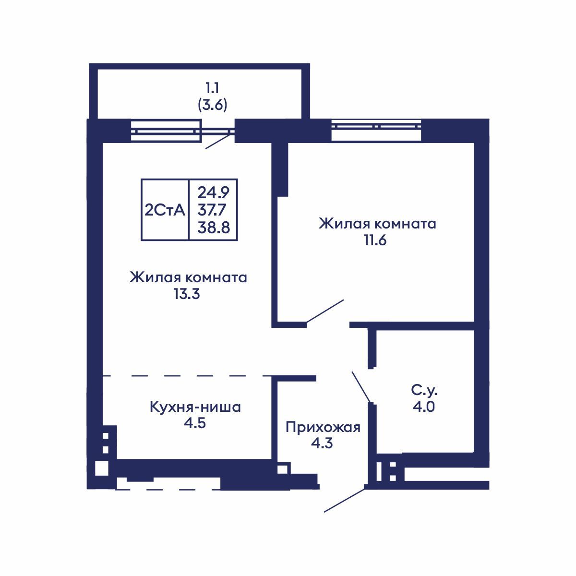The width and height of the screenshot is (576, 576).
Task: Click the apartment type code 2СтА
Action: click(165, 210)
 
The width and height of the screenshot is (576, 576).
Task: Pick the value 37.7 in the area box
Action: click(214, 210)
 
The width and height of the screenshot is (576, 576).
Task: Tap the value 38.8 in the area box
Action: click(214, 227)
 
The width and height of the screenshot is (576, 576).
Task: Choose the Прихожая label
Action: click(323, 427)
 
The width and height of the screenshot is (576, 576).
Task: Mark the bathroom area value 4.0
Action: click(423, 407)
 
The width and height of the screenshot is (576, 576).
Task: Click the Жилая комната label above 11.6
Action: click(377, 224)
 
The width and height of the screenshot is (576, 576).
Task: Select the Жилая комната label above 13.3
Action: click(188, 277)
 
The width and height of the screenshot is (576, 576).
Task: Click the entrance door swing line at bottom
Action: click(344, 500)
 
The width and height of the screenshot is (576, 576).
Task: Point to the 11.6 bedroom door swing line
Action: click(325, 311)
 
